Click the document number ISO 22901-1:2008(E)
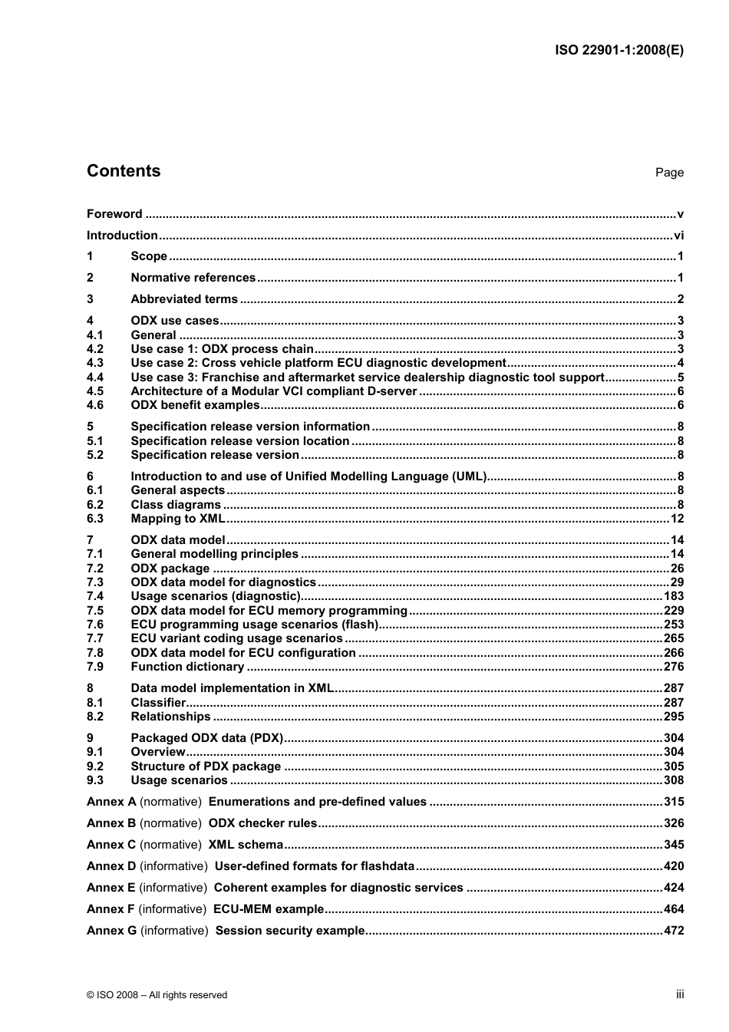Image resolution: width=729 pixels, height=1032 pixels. (618, 51)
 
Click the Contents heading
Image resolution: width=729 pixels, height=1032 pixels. (124, 171)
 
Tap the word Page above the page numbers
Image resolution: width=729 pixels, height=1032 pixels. (669, 173)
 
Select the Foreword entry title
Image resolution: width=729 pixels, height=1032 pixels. (114, 214)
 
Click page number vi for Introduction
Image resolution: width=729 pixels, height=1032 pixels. (678, 236)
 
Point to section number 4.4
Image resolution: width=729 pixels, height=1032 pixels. (95, 378)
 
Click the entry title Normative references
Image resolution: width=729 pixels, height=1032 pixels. (193, 278)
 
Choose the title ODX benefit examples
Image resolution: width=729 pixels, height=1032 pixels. (195, 405)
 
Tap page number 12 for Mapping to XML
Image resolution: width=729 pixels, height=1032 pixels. (677, 519)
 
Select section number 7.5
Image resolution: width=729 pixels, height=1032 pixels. (95, 611)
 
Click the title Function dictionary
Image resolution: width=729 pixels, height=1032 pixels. (187, 667)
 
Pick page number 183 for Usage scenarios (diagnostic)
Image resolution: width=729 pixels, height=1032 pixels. (674, 596)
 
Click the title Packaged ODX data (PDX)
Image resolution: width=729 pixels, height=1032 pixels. (206, 738)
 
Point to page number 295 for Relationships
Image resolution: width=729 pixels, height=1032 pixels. (674, 717)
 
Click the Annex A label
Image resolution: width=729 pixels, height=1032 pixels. (111, 802)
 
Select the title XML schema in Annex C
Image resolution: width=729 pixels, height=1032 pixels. (246, 845)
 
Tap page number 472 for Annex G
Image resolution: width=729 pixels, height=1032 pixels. (674, 931)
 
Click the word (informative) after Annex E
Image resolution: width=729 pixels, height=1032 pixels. (173, 888)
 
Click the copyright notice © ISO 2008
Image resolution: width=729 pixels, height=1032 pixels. (157, 995)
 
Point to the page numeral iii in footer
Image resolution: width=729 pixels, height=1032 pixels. (680, 994)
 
